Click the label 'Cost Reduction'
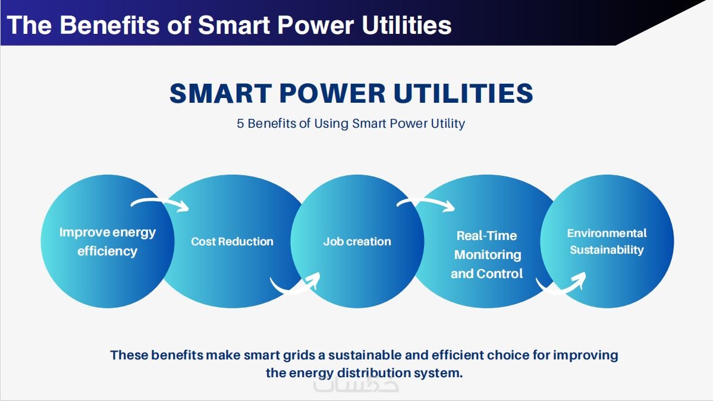232,242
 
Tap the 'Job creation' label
357,242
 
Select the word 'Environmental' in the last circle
607,233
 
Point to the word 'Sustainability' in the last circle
607,250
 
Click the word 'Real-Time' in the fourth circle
486,236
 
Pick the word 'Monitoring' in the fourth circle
488,255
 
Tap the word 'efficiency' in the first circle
107,251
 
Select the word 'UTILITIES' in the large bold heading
463,93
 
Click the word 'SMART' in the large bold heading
221,93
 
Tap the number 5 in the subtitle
240,124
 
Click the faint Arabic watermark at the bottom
356,384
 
